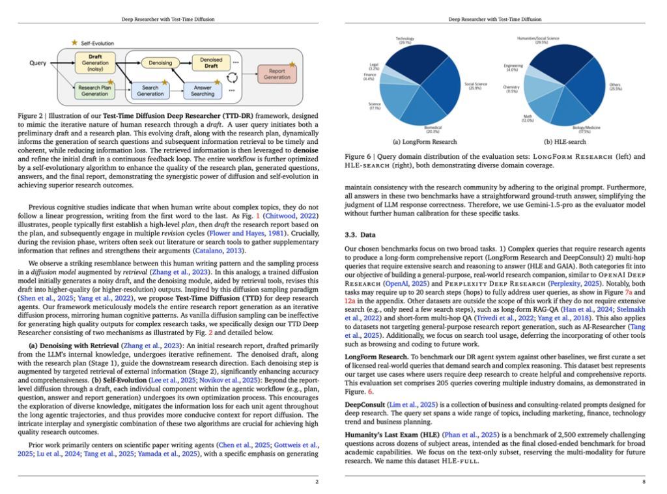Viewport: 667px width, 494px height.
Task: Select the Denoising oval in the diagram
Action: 160,63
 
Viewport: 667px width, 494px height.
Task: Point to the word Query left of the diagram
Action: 38,63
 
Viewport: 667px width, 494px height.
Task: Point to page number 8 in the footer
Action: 644,482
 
